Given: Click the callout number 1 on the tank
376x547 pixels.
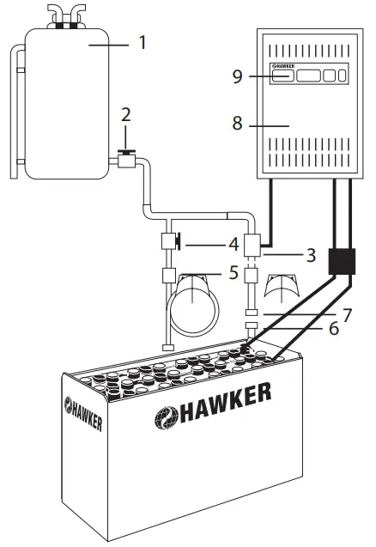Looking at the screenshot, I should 143,41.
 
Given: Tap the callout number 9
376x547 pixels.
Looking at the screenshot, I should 237,76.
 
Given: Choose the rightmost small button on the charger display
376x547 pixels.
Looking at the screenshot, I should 343,76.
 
